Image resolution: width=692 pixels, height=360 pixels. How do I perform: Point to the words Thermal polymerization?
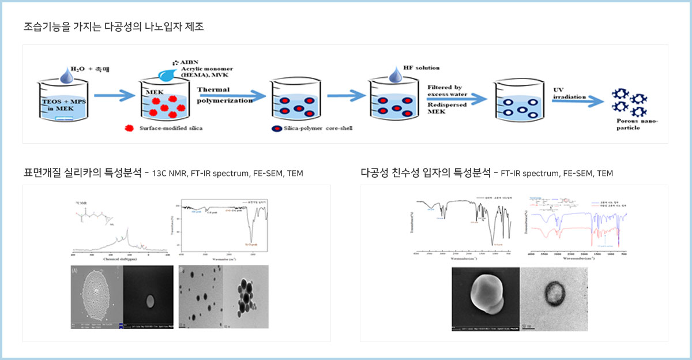[x=224, y=95]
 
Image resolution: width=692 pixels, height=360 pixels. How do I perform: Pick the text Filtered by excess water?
[x=450, y=90]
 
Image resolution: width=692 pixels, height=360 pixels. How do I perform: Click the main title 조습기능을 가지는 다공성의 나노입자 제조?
[x=114, y=27]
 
